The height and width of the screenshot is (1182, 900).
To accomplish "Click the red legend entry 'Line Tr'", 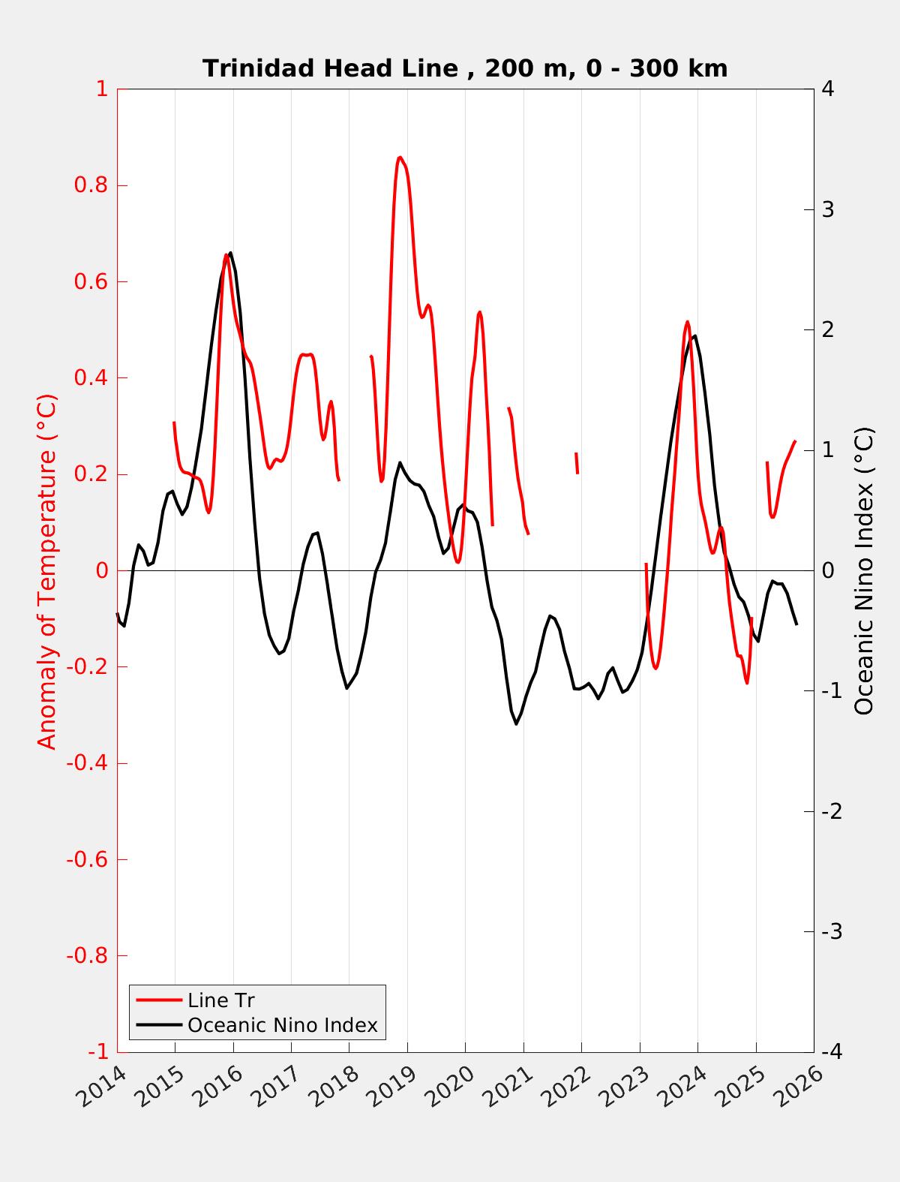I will tap(221, 1000).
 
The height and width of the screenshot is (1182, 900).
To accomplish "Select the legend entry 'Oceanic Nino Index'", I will tap(282, 1025).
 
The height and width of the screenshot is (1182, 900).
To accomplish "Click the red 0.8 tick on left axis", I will tap(91, 185).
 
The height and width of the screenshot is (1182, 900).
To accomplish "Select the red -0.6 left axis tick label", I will tap(87, 859).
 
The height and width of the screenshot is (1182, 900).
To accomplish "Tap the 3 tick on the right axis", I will tap(828, 209).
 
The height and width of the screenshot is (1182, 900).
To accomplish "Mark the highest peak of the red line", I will tap(400, 157).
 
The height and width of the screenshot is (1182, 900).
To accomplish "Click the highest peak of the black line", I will tap(230, 253).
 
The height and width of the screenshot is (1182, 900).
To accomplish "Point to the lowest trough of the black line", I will tap(516, 723).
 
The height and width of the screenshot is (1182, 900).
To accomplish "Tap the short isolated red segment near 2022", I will tap(577, 463).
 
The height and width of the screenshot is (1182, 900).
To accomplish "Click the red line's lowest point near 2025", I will tap(747, 682).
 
